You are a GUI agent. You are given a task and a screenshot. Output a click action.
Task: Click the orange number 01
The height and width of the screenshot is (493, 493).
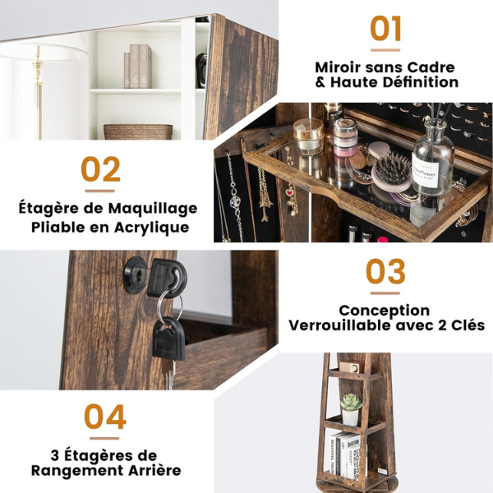click(x=385, y=29)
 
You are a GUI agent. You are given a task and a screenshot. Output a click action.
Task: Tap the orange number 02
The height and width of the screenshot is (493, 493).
click(x=101, y=170)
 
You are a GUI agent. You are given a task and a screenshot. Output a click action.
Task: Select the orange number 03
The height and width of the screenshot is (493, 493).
click(x=385, y=272)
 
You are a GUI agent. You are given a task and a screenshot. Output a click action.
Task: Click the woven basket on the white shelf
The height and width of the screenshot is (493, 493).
click(x=138, y=131)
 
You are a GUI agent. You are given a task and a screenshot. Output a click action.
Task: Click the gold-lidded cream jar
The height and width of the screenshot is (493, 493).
click(x=309, y=135)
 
